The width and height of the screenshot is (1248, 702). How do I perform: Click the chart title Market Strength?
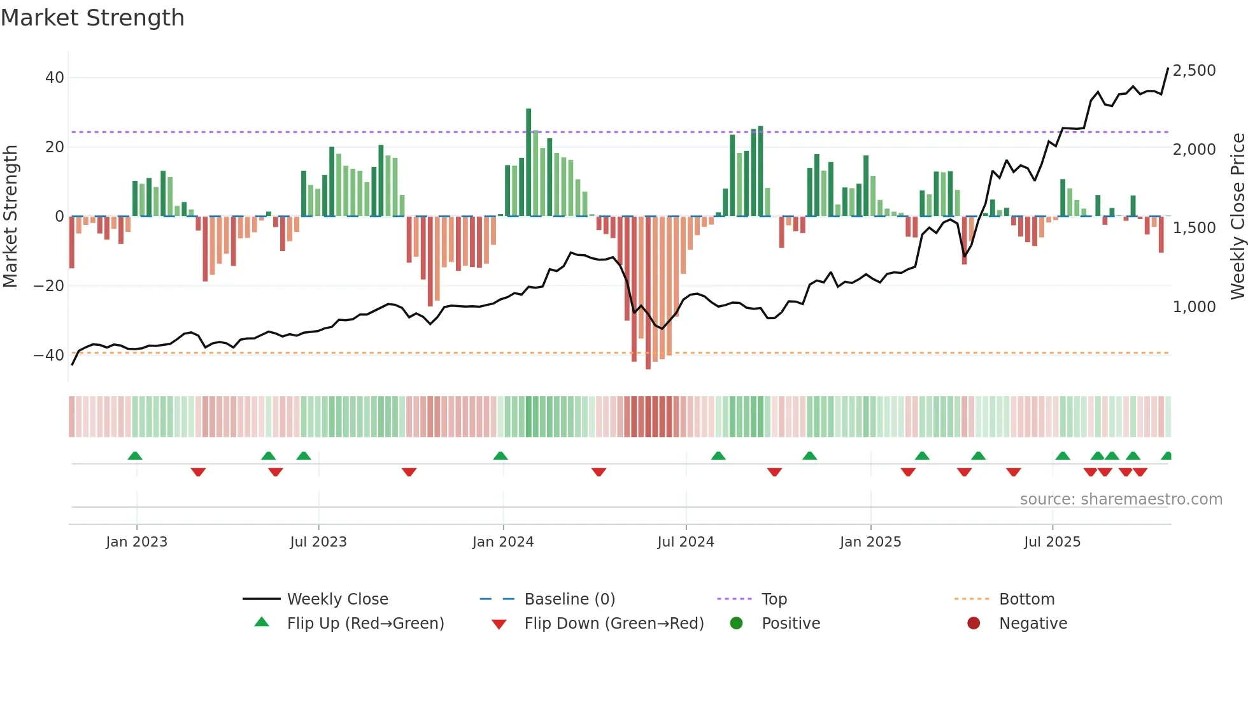tap(92, 18)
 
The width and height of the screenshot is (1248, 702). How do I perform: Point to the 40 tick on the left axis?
tap(55, 78)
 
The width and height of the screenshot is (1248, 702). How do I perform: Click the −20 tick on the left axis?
tap(49, 286)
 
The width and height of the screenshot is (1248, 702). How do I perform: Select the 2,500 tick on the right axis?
tap(1194, 71)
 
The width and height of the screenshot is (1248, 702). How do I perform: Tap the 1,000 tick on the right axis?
tap(1194, 307)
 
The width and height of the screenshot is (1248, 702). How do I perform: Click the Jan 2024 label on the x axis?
tap(502, 542)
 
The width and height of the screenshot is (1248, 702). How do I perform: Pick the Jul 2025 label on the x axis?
tap(1052, 542)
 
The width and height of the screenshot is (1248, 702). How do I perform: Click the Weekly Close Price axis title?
tap(1237, 217)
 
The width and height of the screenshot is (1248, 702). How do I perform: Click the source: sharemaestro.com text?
tap(1121, 499)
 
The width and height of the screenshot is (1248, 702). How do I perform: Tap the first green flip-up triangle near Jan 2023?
tap(135, 456)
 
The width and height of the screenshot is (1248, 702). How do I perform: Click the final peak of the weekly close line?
tap(1168, 69)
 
